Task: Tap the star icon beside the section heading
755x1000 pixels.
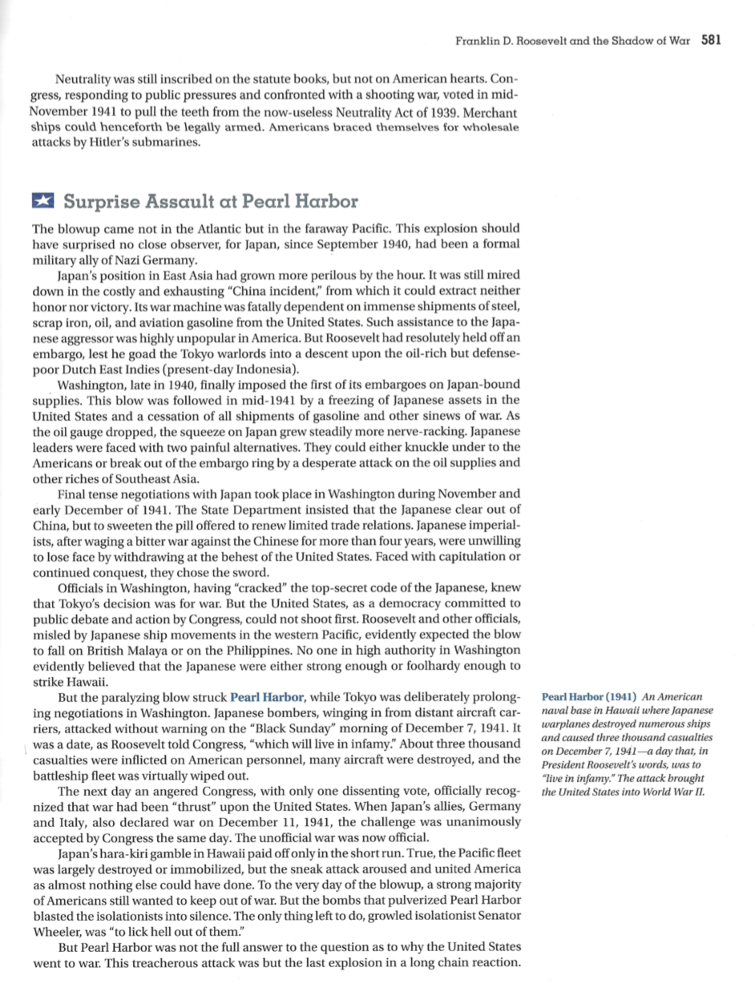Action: (x=42, y=201)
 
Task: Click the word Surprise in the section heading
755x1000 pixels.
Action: (x=99, y=201)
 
